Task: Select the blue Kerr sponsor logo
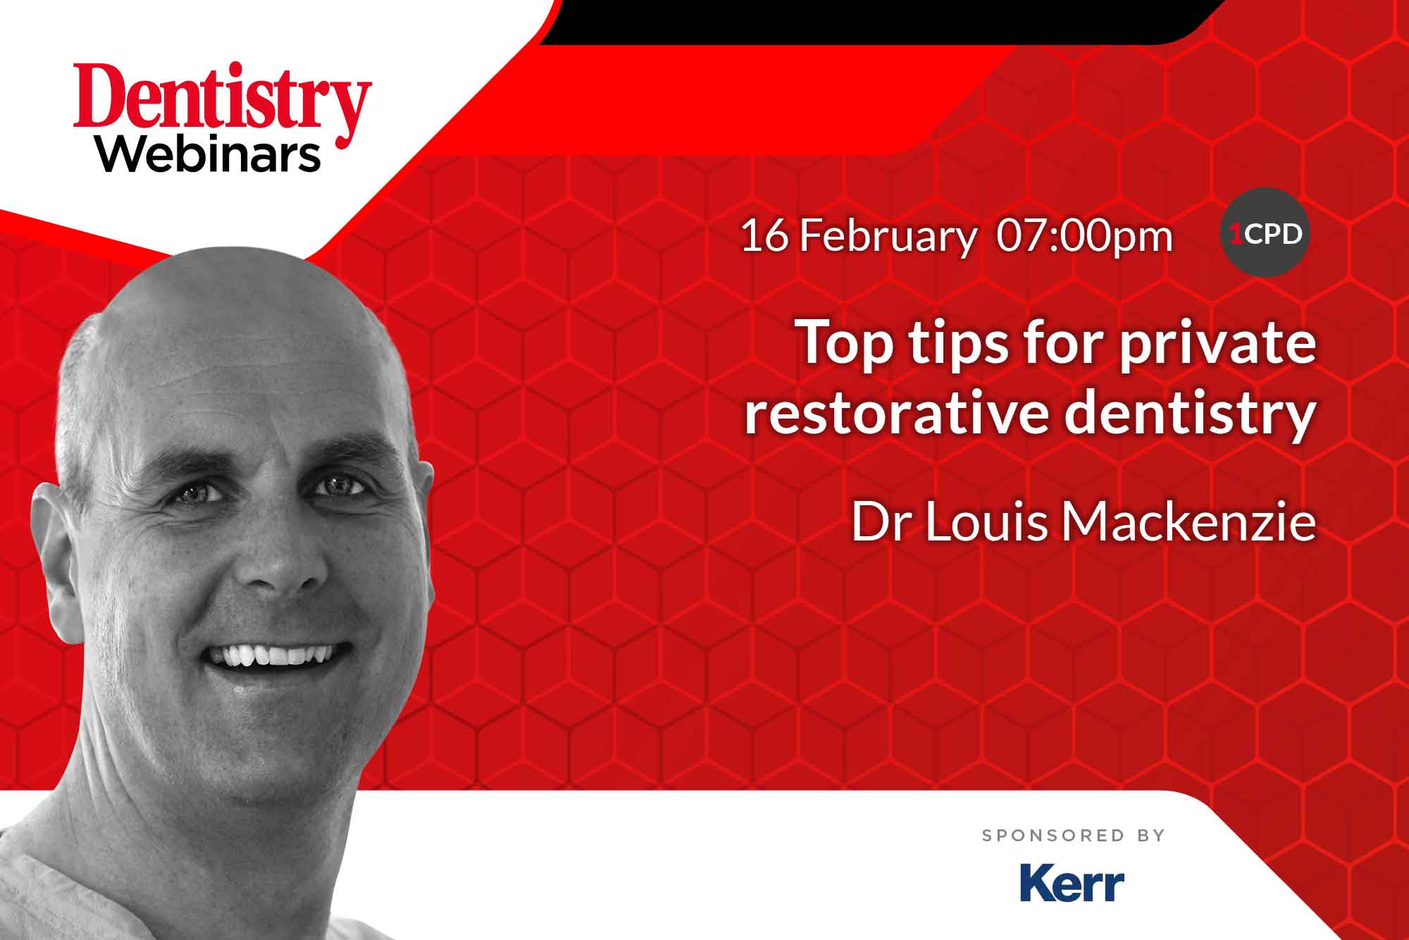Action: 1072,884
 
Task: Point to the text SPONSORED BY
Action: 1074,836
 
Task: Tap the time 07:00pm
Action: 1084,237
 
